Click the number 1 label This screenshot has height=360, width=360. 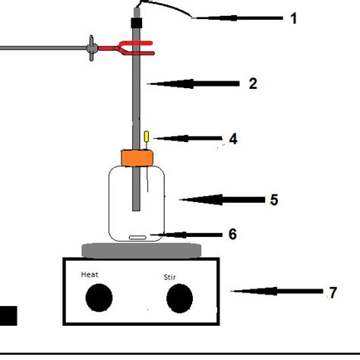(x=294, y=17)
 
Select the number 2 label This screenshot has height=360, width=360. (x=253, y=84)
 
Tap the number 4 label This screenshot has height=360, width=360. (x=233, y=139)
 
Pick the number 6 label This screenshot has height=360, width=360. (x=232, y=235)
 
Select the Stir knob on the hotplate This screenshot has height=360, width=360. (x=179, y=300)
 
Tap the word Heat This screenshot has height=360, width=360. (x=90, y=275)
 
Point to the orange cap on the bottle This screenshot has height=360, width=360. (x=137, y=158)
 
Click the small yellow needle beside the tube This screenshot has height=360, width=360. (x=146, y=137)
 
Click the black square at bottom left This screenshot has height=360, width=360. (x=8, y=316)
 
